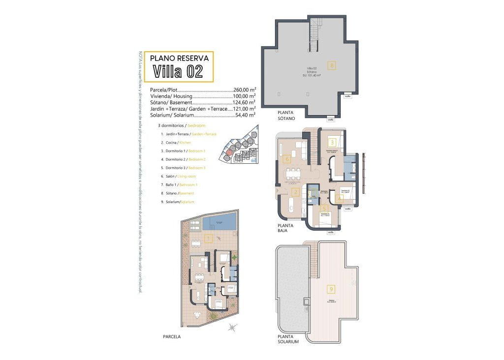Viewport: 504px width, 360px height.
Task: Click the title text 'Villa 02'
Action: (178, 71)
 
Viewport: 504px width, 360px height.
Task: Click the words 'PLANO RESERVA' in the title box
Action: (179, 58)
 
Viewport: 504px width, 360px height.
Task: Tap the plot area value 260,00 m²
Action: (245, 90)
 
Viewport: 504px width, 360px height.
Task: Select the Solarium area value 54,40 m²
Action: (245, 115)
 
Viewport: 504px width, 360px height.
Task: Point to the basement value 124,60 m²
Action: (245, 103)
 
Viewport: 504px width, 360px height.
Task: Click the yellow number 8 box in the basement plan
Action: (332, 65)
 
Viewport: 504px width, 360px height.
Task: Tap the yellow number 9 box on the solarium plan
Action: (332, 289)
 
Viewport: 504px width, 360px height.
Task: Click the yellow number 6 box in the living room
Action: (287, 159)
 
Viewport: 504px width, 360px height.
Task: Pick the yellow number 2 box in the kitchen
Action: (296, 192)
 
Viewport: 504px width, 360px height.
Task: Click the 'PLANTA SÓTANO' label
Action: (286, 116)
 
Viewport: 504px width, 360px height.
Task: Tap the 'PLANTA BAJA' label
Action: (285, 227)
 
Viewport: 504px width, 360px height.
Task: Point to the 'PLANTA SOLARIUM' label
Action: (288, 339)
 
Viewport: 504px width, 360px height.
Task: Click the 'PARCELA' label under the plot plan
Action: (172, 337)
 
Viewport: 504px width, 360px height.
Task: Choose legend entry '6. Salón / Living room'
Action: (178, 176)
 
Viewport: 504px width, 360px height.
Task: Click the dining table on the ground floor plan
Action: (294, 173)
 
